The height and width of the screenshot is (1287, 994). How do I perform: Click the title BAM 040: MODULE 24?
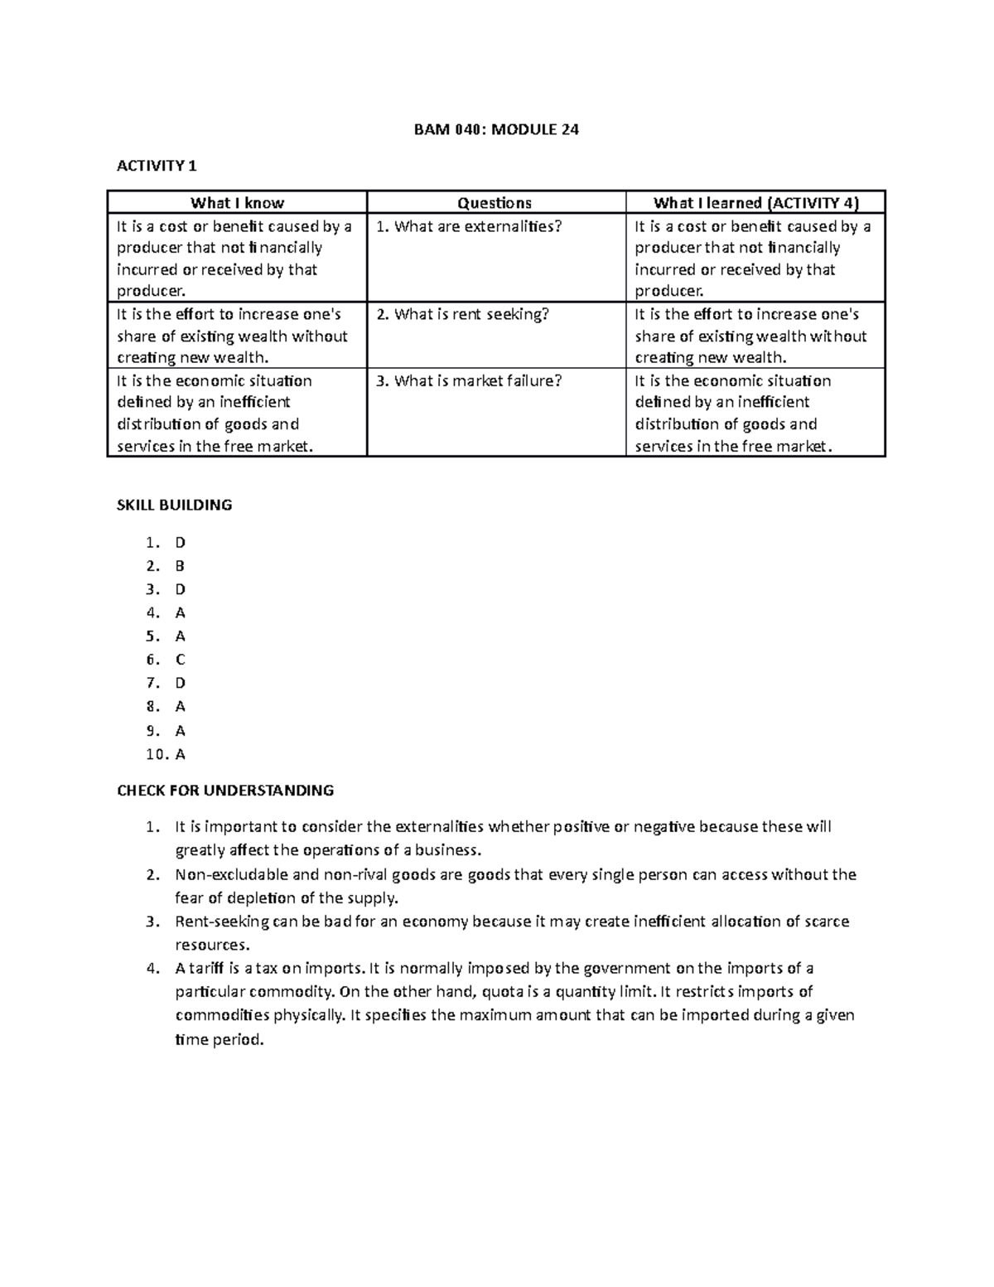pyautogui.click(x=496, y=129)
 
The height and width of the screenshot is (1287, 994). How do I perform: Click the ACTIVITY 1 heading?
pyautogui.click(x=157, y=166)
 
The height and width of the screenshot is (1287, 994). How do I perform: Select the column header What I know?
pyautogui.click(x=237, y=203)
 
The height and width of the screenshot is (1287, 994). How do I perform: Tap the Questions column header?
pyautogui.click(x=495, y=203)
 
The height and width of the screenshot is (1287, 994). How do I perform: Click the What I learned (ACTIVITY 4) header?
pyautogui.click(x=755, y=203)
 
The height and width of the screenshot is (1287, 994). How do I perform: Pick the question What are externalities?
pyautogui.click(x=469, y=226)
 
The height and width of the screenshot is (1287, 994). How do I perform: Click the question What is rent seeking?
pyautogui.click(x=462, y=314)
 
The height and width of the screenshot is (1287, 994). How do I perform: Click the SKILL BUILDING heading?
pyautogui.click(x=174, y=505)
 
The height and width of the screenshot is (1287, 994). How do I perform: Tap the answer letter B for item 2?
pyautogui.click(x=180, y=566)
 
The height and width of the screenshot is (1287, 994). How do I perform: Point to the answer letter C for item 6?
pyautogui.click(x=180, y=660)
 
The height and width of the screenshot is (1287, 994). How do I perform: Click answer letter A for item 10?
pyautogui.click(x=180, y=754)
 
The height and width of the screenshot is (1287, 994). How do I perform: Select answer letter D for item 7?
pyautogui.click(x=180, y=683)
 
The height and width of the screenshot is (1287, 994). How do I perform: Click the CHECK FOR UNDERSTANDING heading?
pyautogui.click(x=225, y=791)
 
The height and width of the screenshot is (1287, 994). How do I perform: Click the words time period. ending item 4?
pyautogui.click(x=219, y=1039)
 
